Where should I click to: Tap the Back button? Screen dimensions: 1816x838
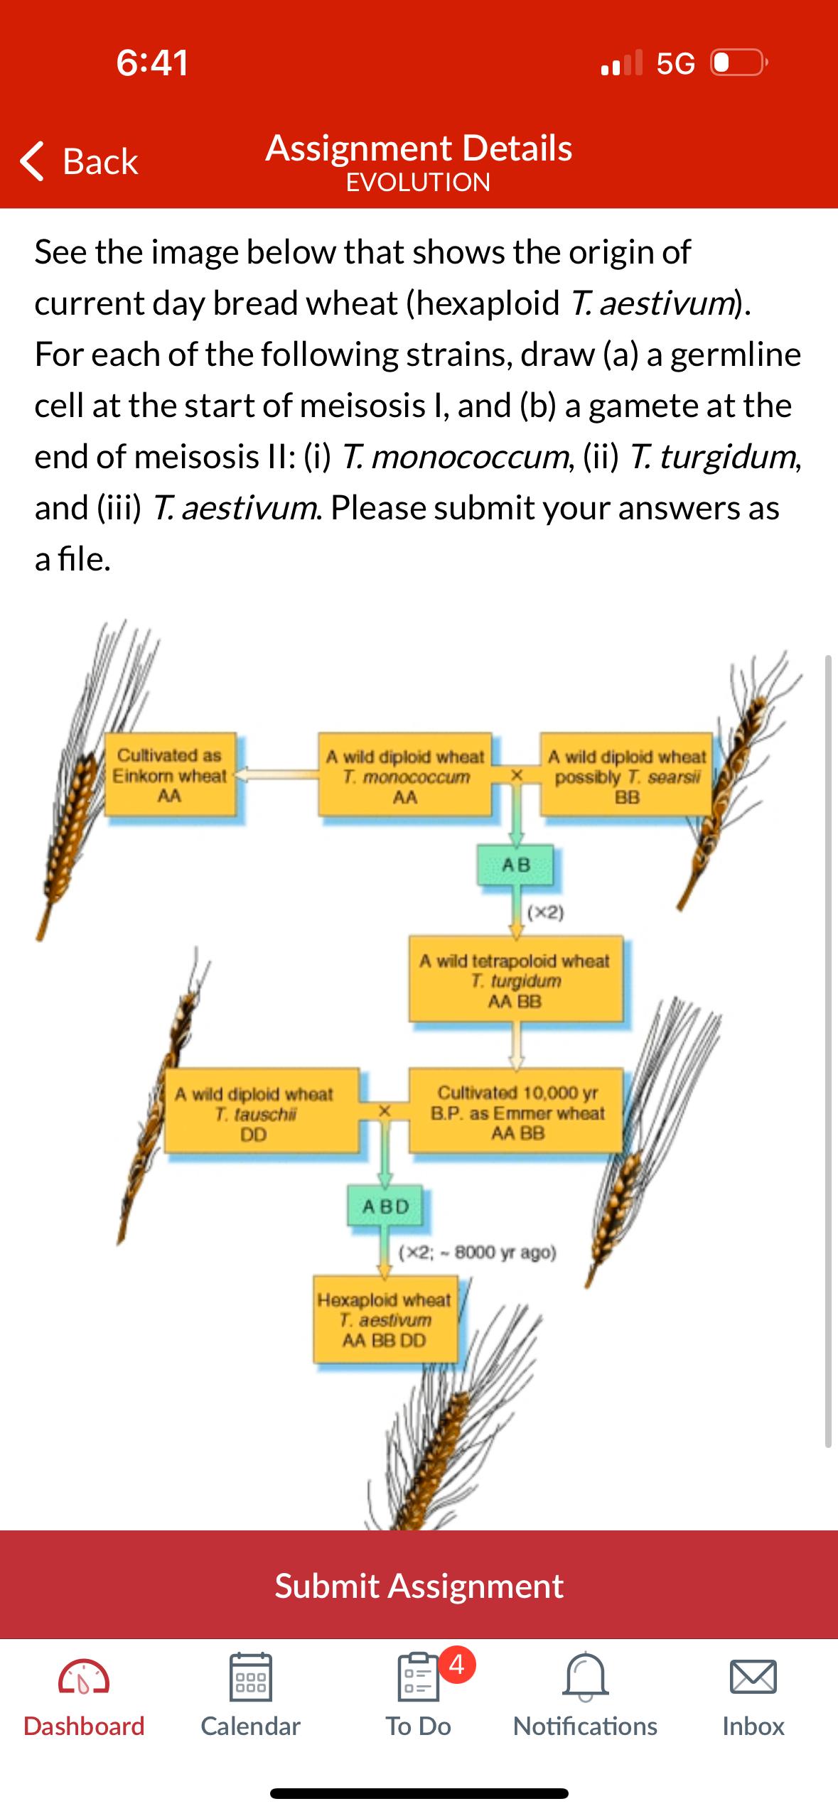[x=80, y=161]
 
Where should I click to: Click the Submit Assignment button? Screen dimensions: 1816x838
[x=419, y=1585]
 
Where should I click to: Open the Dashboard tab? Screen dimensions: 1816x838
[x=84, y=1698]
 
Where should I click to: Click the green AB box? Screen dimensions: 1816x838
[x=517, y=865]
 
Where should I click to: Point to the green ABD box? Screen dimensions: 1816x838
[x=385, y=1206]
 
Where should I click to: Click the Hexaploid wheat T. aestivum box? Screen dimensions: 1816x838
[x=384, y=1320]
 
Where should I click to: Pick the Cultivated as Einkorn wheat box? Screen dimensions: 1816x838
[x=170, y=775]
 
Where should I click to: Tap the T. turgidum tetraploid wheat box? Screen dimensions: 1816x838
[x=515, y=981]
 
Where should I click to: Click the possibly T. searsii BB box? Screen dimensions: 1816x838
[x=627, y=776]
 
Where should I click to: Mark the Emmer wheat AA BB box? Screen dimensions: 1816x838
[x=517, y=1113]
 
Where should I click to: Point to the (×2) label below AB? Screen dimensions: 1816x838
[x=546, y=912]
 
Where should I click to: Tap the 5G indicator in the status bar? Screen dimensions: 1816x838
[x=675, y=64]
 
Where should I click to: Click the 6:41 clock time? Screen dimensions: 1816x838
[x=153, y=63]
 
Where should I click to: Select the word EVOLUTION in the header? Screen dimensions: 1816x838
[x=419, y=183]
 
